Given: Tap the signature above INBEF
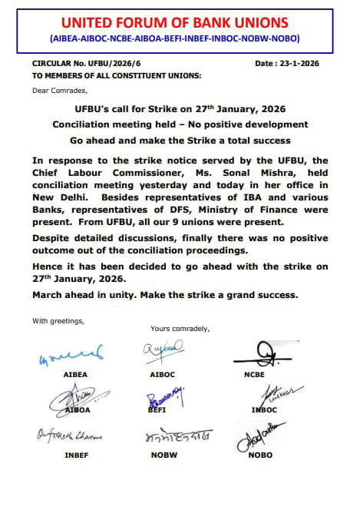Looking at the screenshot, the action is pos(69,438).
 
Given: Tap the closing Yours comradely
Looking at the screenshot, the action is pos(180,329).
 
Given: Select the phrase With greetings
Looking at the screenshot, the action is pos(58,320).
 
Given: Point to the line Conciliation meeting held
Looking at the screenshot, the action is pos(180,124).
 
